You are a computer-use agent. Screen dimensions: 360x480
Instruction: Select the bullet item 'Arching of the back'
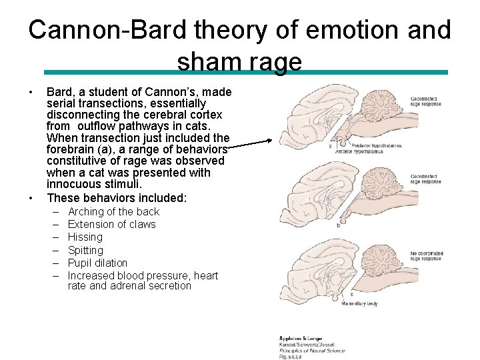(x=113, y=211)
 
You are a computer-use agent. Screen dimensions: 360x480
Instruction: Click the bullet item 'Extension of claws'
(x=111, y=224)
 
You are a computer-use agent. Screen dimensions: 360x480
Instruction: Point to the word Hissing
(x=85, y=237)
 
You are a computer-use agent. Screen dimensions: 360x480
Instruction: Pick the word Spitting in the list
(x=85, y=250)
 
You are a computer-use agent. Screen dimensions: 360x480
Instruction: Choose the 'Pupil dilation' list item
(x=97, y=263)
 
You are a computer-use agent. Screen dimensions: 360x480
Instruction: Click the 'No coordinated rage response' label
(x=426, y=256)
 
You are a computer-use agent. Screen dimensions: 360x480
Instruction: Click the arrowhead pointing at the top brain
(x=269, y=141)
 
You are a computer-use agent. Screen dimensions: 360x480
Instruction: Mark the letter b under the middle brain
(x=339, y=225)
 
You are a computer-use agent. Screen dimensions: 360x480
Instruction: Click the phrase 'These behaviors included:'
(x=117, y=197)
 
